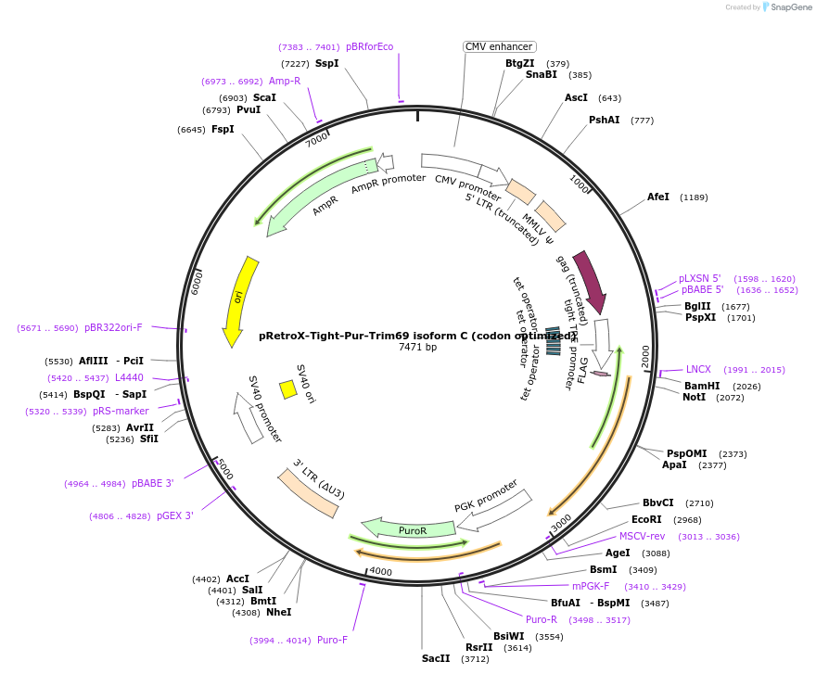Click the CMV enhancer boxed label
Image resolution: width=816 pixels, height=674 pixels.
point(499,46)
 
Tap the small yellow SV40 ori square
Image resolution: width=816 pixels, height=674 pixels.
point(288,390)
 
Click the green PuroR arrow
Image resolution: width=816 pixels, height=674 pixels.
point(408,529)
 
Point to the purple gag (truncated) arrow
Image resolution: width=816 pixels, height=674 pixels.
point(591,280)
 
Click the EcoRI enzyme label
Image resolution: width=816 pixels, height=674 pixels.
point(646,519)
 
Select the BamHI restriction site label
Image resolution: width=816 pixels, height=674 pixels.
point(702,386)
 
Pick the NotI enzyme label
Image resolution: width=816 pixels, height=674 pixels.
point(694,397)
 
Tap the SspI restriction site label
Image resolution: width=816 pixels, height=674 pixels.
point(327,63)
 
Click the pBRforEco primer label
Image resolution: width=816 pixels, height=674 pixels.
point(370,46)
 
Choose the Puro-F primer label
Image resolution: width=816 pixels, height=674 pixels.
point(332,640)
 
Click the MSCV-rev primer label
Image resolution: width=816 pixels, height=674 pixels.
point(642,536)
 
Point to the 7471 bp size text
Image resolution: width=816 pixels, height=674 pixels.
point(417,348)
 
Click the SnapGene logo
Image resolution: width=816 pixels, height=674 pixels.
point(785,7)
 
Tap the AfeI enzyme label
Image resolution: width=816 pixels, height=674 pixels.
point(658,197)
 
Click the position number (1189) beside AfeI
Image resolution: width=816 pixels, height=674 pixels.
point(694,197)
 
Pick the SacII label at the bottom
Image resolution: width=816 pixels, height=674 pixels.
point(436,658)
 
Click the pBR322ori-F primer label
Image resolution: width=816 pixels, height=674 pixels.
point(113,327)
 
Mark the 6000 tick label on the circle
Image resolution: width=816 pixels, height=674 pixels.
point(197,284)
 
